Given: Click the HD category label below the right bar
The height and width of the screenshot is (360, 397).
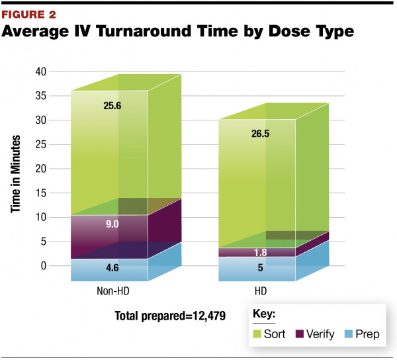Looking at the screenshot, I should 257,292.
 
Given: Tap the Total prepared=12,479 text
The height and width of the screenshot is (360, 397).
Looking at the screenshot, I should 170,316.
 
